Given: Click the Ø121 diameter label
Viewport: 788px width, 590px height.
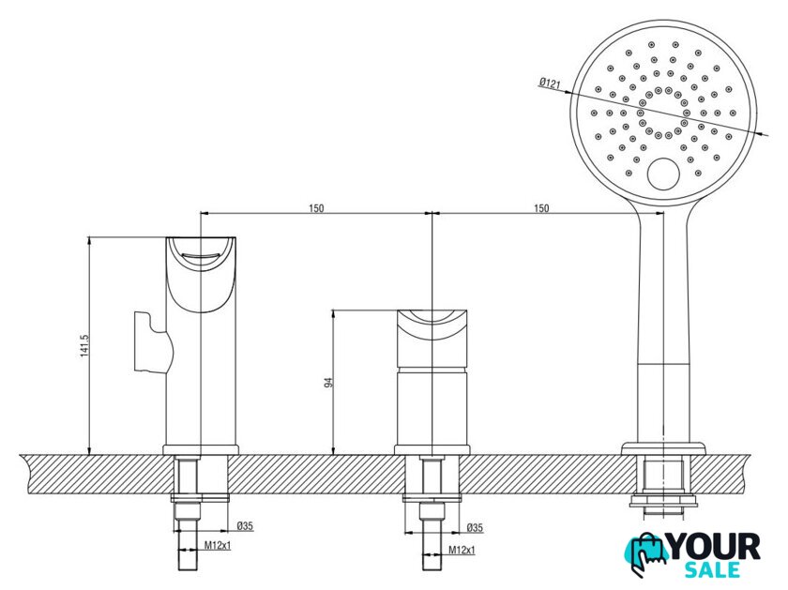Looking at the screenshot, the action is point(550,83).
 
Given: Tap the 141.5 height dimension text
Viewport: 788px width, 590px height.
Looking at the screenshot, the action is point(84,346).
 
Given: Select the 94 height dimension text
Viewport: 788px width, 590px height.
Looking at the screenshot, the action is point(329,382).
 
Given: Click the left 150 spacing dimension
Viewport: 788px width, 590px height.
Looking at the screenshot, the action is point(316,208).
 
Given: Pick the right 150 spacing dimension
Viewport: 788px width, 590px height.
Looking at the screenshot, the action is point(541,208).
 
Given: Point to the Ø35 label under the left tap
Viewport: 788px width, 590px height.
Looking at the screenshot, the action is point(245,526).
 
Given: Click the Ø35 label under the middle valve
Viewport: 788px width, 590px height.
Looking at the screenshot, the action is point(475,528).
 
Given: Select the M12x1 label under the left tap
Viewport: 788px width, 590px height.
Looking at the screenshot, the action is point(218,545).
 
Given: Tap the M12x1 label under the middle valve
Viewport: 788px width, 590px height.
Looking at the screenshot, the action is point(462,551).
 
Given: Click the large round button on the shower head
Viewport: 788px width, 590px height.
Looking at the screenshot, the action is point(663,174).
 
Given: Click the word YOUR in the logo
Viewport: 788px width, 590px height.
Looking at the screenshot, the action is point(715,547).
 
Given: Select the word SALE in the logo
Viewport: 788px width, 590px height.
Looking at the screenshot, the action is point(713,570).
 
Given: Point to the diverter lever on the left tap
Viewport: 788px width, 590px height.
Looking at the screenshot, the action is point(153,342).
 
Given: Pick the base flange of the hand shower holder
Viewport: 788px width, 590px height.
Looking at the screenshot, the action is point(663,448).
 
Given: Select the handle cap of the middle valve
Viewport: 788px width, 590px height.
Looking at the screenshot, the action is point(432,339).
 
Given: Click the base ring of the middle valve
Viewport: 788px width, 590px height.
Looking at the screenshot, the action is point(432,450).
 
